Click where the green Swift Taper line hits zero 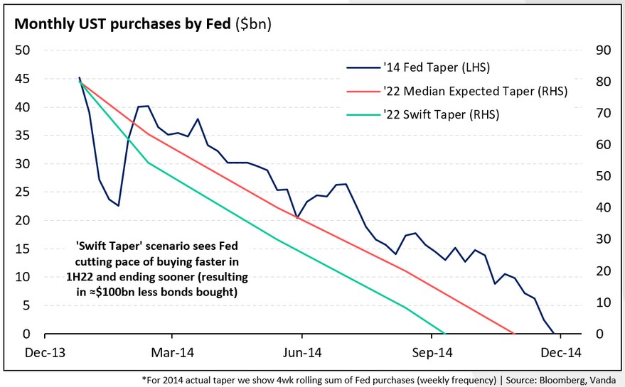coord(444,333)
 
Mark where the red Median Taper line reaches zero coord(513,333)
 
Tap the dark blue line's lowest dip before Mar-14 coord(119,206)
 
